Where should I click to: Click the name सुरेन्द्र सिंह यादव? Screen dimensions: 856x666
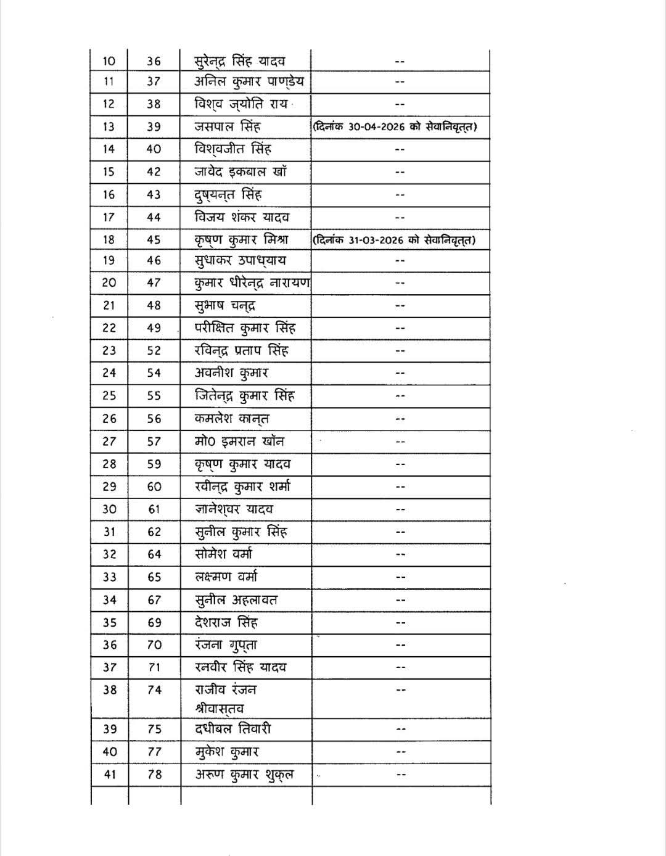click(240, 61)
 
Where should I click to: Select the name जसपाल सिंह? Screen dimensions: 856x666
click(228, 127)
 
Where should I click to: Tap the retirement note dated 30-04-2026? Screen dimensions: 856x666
click(395, 127)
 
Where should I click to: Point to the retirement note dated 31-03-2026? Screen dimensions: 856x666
click(394, 239)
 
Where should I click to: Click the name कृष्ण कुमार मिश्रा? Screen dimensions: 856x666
click(241, 239)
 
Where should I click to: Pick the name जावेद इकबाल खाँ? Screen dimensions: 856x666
click(240, 172)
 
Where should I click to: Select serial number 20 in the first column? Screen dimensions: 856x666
click(109, 282)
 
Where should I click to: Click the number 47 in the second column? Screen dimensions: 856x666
click(154, 282)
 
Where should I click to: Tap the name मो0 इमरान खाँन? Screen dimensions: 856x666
click(239, 442)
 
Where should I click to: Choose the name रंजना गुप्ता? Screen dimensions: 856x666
click(226, 645)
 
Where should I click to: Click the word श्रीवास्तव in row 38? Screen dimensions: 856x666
click(219, 709)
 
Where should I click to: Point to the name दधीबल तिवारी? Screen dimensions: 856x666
click(233, 729)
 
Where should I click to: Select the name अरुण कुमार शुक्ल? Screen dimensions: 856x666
click(244, 775)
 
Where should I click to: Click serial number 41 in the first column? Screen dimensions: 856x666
click(109, 775)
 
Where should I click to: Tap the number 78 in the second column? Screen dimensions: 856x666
click(154, 775)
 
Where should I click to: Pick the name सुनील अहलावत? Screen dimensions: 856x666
click(236, 599)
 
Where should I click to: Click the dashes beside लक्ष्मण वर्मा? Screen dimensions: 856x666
click(400, 577)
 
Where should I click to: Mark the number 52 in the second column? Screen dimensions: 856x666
click(154, 350)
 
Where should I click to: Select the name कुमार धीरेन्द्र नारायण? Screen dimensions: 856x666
click(252, 282)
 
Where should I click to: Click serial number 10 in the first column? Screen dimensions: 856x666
click(109, 61)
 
